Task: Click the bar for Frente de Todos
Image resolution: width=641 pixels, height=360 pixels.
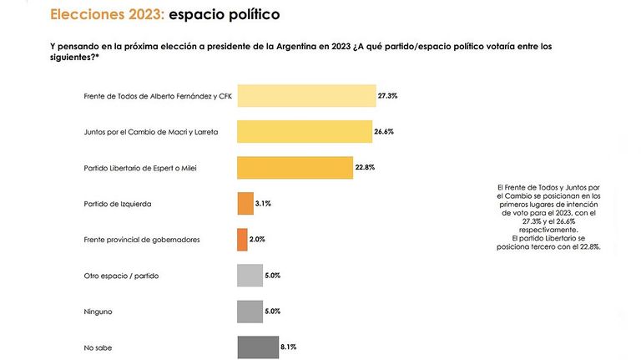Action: tap(306, 96)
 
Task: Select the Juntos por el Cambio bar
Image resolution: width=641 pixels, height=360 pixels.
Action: tap(305, 132)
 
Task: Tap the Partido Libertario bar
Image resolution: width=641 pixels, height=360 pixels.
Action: tap(295, 168)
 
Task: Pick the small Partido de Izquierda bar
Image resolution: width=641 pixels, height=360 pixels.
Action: tap(245, 204)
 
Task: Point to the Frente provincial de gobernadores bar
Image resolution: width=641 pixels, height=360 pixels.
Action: tap(242, 240)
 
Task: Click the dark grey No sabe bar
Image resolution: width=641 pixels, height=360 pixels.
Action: tap(258, 347)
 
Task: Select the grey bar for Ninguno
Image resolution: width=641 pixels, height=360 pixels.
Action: tap(250, 312)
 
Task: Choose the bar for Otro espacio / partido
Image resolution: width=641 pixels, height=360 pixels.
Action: tap(250, 276)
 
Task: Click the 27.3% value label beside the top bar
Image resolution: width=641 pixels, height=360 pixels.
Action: tap(387, 96)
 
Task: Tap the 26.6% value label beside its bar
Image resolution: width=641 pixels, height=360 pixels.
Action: tap(384, 132)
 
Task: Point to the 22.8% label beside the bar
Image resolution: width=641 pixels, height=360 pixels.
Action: tap(365, 167)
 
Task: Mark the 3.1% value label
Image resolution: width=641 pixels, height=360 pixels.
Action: tap(263, 203)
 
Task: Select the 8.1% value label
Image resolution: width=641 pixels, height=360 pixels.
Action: tap(288, 347)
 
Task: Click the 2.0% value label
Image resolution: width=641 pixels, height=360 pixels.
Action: tap(257, 240)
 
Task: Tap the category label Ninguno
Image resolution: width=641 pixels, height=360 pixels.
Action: tap(98, 312)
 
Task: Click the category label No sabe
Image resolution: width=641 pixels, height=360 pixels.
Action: tap(98, 347)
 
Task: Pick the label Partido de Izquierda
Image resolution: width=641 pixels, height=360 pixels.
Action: tap(118, 204)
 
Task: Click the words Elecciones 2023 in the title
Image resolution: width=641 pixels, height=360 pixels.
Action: tap(107, 14)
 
